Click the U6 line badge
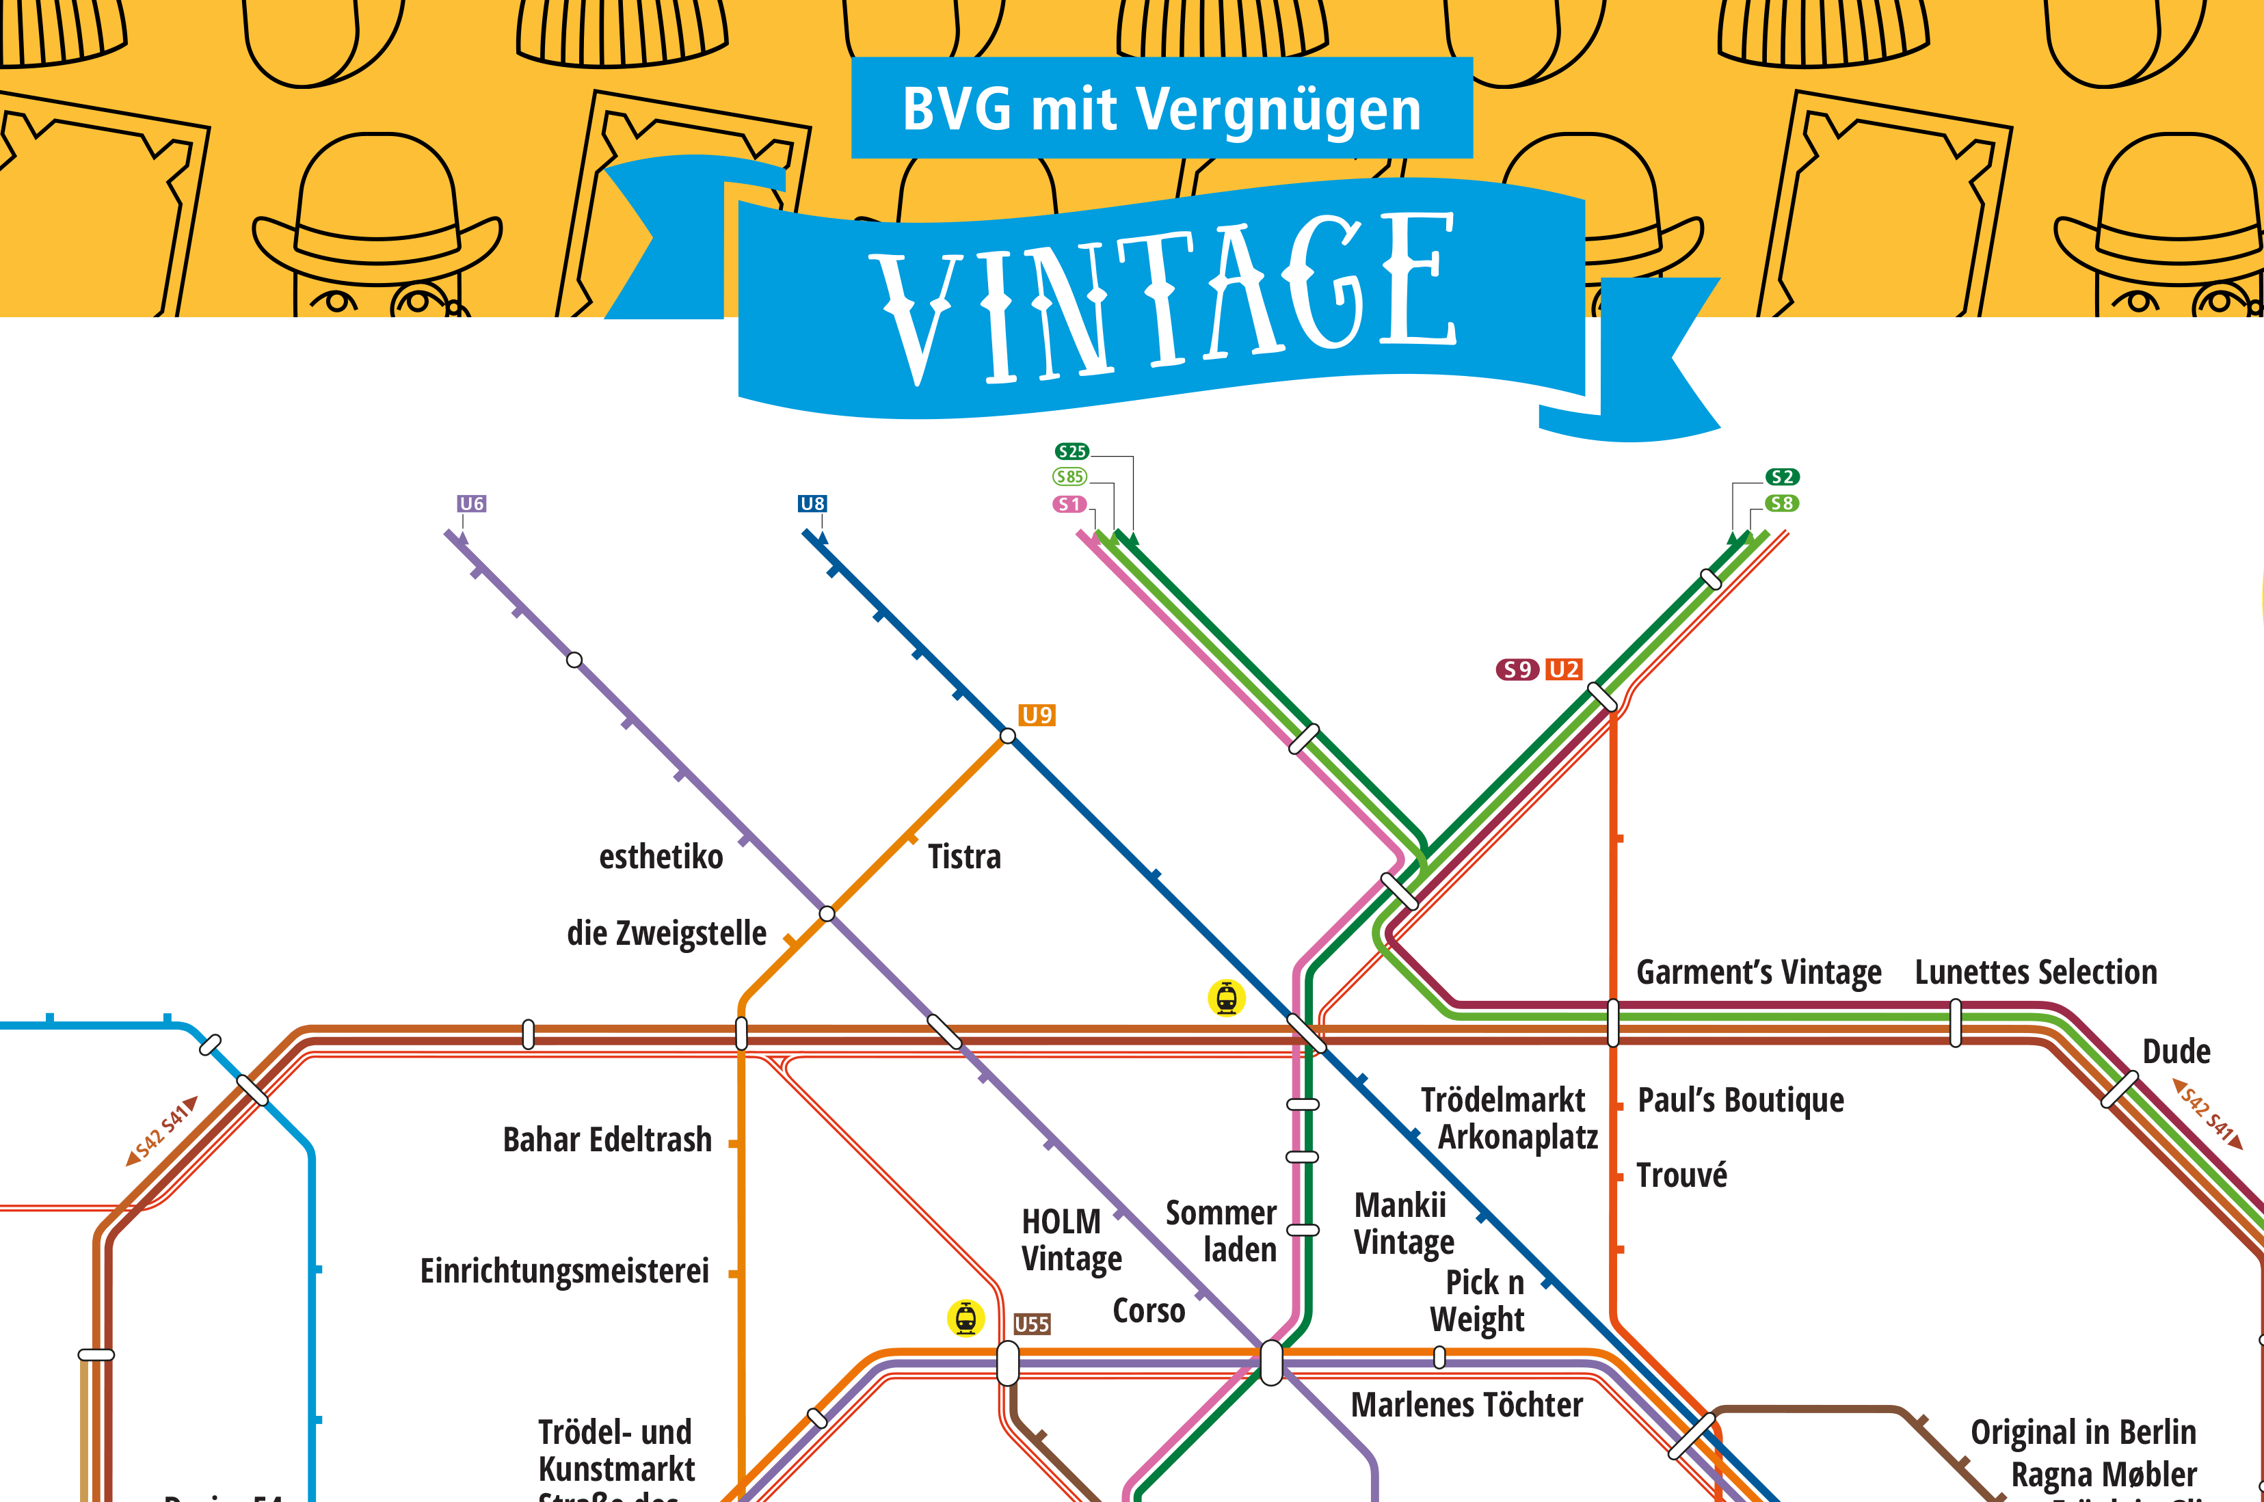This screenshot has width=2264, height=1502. point(471,504)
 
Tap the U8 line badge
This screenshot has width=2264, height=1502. point(812,504)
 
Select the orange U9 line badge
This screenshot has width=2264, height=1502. point(1037,716)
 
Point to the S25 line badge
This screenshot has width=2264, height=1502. point(1072,451)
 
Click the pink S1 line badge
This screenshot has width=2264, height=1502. point(1069,504)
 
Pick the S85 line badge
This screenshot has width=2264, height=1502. point(1070,477)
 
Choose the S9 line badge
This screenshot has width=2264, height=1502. point(1517,669)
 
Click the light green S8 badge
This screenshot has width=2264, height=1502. point(1782,503)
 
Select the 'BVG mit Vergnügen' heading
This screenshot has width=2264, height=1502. point(1161,108)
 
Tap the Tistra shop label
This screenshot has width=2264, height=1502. point(964,857)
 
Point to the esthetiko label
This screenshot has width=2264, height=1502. point(661,857)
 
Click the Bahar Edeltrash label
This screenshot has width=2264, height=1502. point(607,1140)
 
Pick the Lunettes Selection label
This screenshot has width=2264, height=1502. point(2036,972)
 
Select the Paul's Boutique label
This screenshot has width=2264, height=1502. point(1741,1100)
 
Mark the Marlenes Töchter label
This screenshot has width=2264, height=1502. point(1467,1405)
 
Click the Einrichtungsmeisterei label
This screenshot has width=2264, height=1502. point(565,1271)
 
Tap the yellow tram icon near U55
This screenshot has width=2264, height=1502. point(965,1318)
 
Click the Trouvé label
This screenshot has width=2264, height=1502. point(1681,1175)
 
